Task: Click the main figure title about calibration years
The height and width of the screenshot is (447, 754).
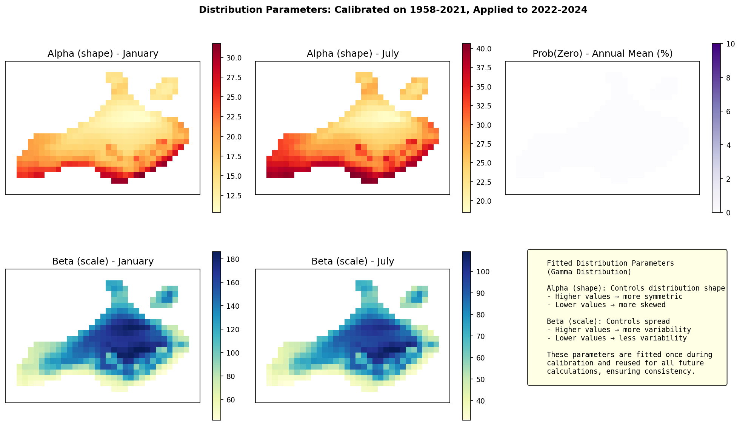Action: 393,10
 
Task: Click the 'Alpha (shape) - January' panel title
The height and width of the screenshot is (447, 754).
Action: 103,54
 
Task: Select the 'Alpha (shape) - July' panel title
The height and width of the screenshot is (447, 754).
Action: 352,54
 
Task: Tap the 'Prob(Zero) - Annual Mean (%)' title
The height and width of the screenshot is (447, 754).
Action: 602,54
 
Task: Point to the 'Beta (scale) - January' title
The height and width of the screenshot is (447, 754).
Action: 103,261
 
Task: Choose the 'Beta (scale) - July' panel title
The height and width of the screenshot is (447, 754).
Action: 352,261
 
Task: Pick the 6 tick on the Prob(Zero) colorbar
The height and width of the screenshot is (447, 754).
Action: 728,111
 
